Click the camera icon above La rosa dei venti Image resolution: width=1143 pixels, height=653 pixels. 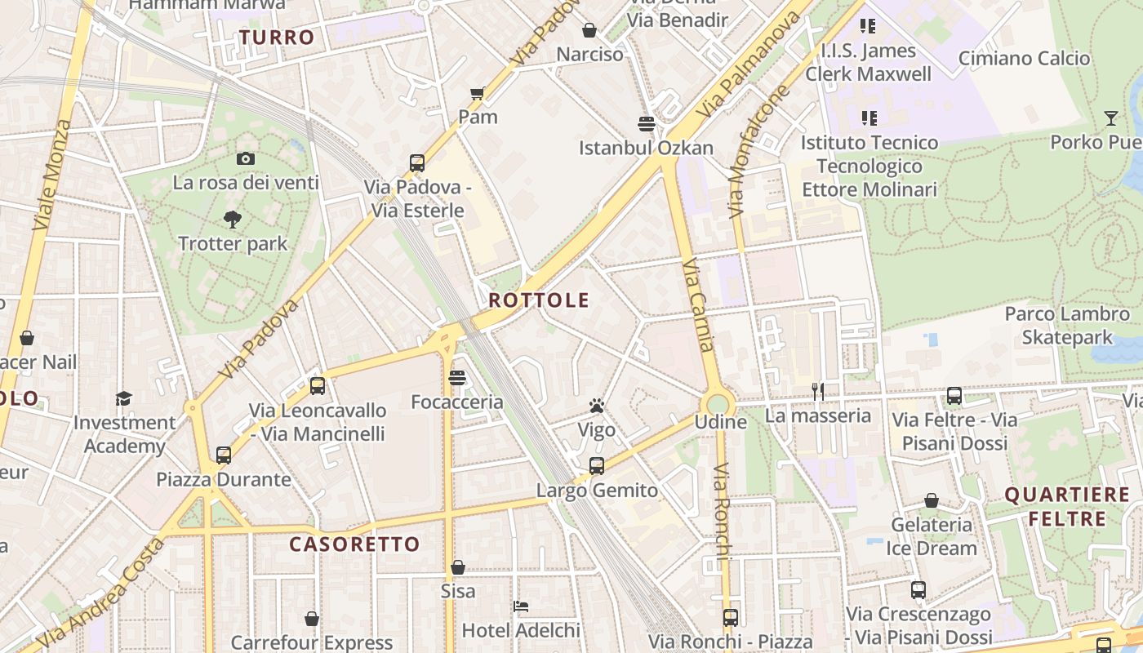click(245, 158)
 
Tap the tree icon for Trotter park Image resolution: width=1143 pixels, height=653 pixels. click(233, 219)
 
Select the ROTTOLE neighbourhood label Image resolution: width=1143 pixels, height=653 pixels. click(539, 300)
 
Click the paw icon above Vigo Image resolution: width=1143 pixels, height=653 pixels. click(596, 405)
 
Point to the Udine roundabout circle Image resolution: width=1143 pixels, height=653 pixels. click(718, 403)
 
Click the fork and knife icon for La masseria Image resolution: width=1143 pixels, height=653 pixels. click(818, 392)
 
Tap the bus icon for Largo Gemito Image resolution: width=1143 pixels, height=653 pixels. click(597, 466)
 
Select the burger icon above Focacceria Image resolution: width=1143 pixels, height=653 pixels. click(457, 378)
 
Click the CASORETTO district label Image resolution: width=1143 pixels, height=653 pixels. click(355, 544)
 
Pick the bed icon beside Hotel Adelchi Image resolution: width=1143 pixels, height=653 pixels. click(521, 606)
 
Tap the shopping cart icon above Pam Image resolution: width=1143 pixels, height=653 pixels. click(478, 93)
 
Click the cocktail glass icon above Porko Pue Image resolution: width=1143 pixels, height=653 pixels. click(1110, 118)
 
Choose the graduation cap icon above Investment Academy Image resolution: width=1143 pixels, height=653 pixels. click(123, 398)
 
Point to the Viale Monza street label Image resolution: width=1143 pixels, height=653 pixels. click(51, 174)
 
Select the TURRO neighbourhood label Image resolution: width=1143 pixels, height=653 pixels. click(277, 38)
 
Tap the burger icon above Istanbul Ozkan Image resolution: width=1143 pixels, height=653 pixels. click(647, 124)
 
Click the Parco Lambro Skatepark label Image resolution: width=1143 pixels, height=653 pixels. click(1067, 326)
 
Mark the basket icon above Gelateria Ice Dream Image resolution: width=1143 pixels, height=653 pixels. click(931, 500)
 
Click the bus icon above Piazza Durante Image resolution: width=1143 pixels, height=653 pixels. click(224, 455)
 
